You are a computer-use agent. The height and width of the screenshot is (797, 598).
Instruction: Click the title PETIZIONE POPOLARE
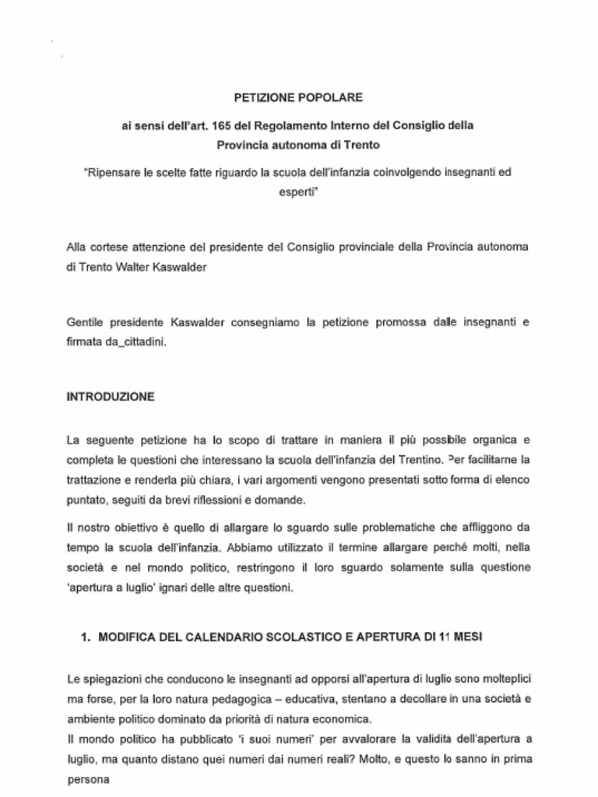[298, 98]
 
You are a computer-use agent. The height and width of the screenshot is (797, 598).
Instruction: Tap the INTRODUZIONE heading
[111, 396]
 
